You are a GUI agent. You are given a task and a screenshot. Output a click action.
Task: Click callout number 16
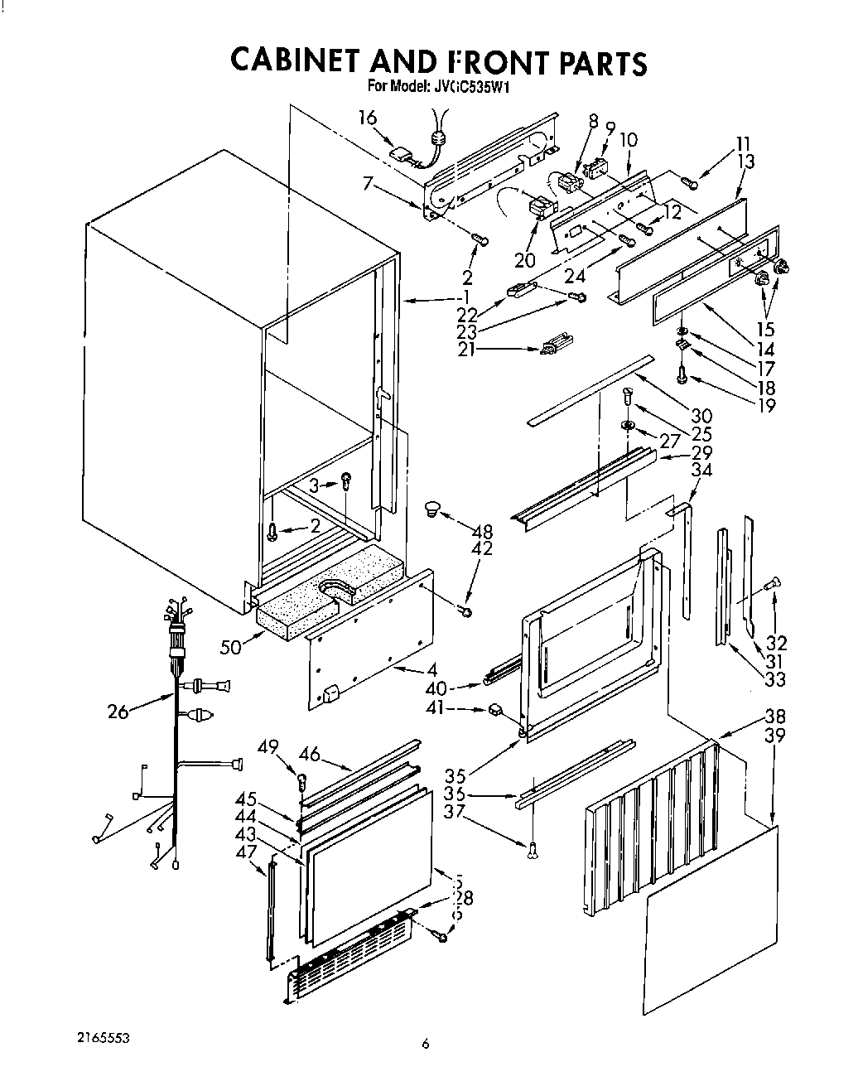pos(368,118)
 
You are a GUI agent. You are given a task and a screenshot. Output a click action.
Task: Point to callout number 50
pos(232,645)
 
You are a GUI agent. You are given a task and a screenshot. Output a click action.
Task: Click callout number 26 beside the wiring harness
pos(118,710)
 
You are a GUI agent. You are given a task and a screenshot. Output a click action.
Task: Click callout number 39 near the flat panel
pos(775,736)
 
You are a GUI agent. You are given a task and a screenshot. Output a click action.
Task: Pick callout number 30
pos(701,416)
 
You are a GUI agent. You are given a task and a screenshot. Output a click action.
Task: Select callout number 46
pos(310,754)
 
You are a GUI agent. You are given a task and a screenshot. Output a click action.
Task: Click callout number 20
pos(523,260)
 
